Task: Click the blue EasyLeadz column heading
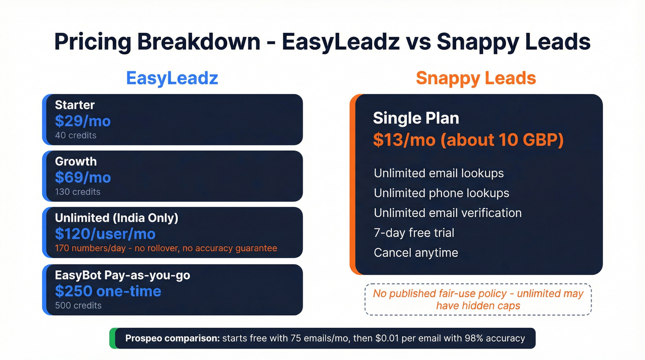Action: pos(172,78)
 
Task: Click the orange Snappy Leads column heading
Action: pos(476,78)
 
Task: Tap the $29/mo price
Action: pos(83,121)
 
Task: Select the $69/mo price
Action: pos(83,177)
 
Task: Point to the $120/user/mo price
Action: pos(105,234)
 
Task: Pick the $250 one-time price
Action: pos(108,291)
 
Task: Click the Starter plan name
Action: pos(75,105)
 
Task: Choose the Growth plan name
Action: pos(76,161)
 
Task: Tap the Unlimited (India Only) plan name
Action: pos(116,218)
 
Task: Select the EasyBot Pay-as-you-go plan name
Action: pos(122,275)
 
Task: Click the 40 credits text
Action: pos(76,136)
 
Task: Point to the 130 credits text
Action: pos(77,192)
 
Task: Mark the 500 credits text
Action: pos(78,305)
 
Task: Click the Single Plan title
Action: pos(416,118)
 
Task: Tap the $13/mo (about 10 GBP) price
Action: pos(468,140)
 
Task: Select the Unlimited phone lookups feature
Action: pos(441,193)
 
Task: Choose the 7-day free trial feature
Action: pos(414,232)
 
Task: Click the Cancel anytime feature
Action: pos(416,253)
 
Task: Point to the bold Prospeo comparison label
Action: pos(172,338)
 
